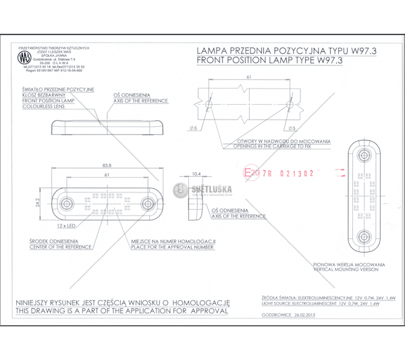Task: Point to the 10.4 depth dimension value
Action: coord(196,174)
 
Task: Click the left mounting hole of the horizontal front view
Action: coord(66,204)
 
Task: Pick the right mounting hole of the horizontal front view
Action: coord(147,204)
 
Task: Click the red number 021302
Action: coord(296,174)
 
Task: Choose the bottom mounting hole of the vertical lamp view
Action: coord(363,237)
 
